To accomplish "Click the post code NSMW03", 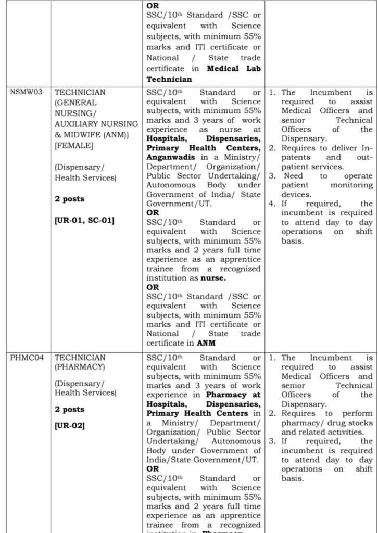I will pyautogui.click(x=26, y=92).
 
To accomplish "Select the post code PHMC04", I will pyautogui.click(x=26, y=358).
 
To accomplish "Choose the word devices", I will pyautogui.click(x=296, y=194).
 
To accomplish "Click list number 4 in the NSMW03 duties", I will pyautogui.click(x=272, y=204).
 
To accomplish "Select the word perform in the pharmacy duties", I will pyautogui.click(x=357, y=413).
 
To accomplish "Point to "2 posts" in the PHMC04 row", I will pyautogui.click(x=70, y=409).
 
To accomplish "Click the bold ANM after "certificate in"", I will pyautogui.click(x=206, y=342).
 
